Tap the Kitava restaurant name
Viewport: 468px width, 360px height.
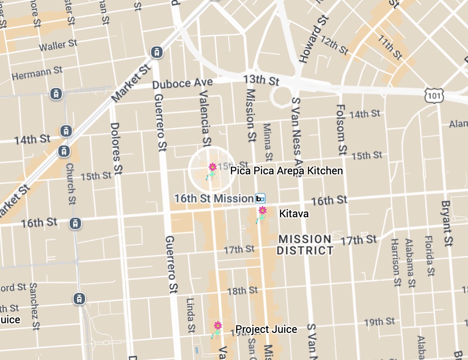tap(294, 214)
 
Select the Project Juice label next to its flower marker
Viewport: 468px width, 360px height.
tap(266, 329)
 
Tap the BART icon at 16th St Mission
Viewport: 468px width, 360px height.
tap(260, 199)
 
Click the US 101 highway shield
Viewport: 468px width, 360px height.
tap(433, 95)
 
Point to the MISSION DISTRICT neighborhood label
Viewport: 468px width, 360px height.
tap(305, 245)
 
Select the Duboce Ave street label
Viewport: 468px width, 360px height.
tap(183, 83)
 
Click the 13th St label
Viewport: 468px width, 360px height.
tap(262, 80)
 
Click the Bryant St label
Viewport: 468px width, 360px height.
tap(446, 223)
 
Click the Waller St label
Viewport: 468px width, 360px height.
tap(58, 45)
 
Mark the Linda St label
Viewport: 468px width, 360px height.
tap(190, 315)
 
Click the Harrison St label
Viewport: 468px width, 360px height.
tap(396, 262)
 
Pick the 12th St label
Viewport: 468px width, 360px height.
tap(334, 46)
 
